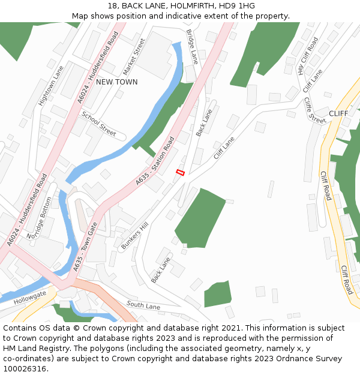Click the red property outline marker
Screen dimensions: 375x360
(179, 173)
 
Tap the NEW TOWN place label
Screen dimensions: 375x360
(116, 82)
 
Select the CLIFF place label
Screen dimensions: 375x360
(338, 113)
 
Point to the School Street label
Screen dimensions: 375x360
(99, 124)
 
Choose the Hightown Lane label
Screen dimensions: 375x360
(50, 86)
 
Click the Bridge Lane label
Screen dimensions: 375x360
(191, 47)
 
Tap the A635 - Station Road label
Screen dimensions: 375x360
(155, 160)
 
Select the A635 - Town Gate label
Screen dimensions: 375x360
(85, 247)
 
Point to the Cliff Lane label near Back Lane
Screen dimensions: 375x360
(224, 148)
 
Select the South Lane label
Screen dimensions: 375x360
(143, 305)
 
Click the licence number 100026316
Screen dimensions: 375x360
(23, 369)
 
